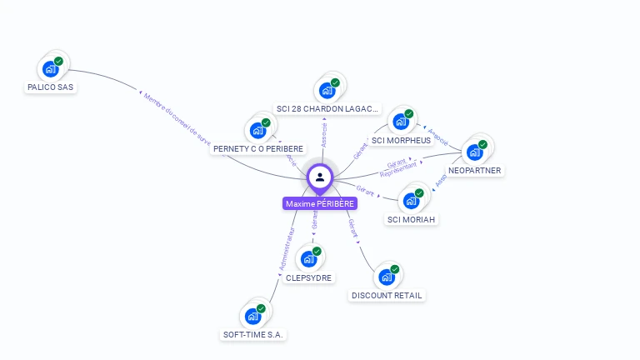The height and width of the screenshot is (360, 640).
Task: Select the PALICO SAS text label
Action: [51, 87]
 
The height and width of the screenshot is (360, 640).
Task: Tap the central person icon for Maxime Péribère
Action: [320, 177]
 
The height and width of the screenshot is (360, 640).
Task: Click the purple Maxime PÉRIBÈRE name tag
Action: [320, 203]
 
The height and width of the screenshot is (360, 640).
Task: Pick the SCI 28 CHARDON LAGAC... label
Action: [327, 108]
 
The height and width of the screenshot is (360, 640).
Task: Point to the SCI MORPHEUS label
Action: [402, 140]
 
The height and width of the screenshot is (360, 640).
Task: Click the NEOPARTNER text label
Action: [475, 170]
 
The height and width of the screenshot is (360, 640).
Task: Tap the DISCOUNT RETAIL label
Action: [387, 295]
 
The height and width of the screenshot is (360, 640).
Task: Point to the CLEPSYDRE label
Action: [308, 277]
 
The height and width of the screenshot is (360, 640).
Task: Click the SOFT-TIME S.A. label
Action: [253, 334]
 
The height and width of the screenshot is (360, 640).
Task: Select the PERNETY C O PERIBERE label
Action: [258, 148]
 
